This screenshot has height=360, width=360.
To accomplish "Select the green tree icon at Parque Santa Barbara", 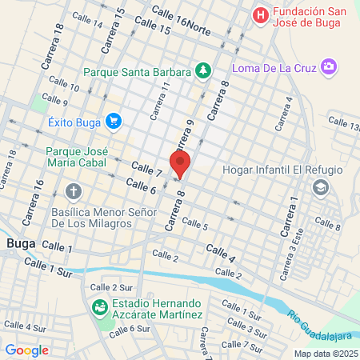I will (x=203, y=70).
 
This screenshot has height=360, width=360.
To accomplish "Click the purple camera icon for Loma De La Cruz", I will (x=328, y=66).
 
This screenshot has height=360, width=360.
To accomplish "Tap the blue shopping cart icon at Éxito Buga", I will (x=113, y=122).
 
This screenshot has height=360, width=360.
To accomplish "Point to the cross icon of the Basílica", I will (x=74, y=192).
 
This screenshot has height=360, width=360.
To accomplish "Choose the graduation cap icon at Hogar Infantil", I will (x=321, y=188).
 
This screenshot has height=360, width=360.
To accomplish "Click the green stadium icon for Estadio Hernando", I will (x=100, y=306).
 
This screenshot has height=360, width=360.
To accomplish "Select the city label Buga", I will (x=19, y=242).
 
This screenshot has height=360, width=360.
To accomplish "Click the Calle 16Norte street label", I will (x=183, y=21).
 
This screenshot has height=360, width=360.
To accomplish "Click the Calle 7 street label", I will (x=147, y=170).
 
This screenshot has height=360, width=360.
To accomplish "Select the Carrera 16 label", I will (x=39, y=195).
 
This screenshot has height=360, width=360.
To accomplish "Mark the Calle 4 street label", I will (x=221, y=254).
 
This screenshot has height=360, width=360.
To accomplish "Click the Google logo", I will (x=27, y=350).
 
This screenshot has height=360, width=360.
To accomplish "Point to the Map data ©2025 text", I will (x=326, y=353).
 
